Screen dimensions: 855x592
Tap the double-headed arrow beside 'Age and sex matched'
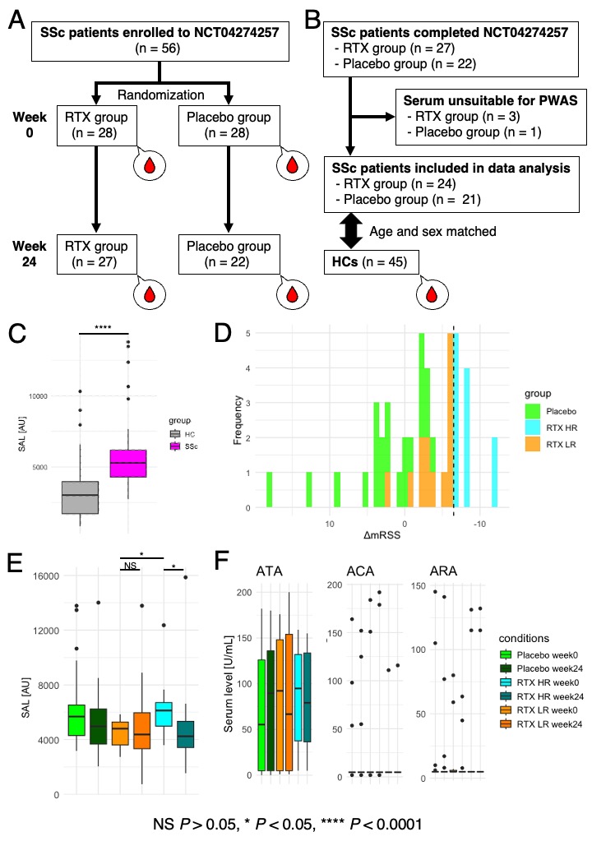tap(352, 231)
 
